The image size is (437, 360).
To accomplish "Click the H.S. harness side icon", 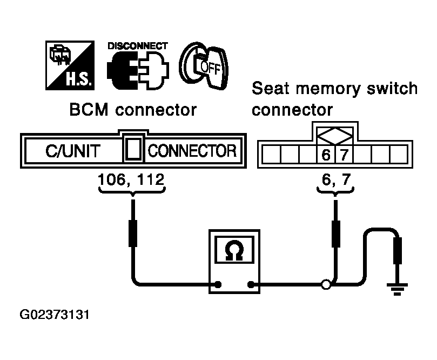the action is (70, 65).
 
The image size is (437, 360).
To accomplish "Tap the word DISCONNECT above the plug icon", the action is (138, 46).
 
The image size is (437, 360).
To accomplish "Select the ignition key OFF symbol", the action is (204, 65).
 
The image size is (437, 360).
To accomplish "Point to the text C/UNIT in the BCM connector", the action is (73, 151).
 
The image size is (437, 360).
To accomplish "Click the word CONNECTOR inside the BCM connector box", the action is (192, 151).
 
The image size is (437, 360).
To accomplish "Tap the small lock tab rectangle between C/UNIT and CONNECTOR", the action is (133, 150).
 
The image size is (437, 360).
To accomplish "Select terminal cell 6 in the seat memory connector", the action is (326, 154).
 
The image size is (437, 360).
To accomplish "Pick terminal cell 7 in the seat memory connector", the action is (344, 154).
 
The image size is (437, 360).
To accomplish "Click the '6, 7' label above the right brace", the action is (336, 179).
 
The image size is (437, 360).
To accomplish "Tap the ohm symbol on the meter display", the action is (234, 250).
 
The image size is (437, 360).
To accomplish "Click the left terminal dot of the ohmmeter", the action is (218, 284).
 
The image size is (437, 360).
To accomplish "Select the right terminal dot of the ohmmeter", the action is (251, 284).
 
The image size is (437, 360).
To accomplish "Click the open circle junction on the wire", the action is (326, 285).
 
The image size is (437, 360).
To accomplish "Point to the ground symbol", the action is (397, 289).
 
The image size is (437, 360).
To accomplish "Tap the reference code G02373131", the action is (55, 315).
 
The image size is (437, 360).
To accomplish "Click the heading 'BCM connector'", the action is (133, 110).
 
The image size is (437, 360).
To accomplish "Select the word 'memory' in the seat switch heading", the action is (328, 89).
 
